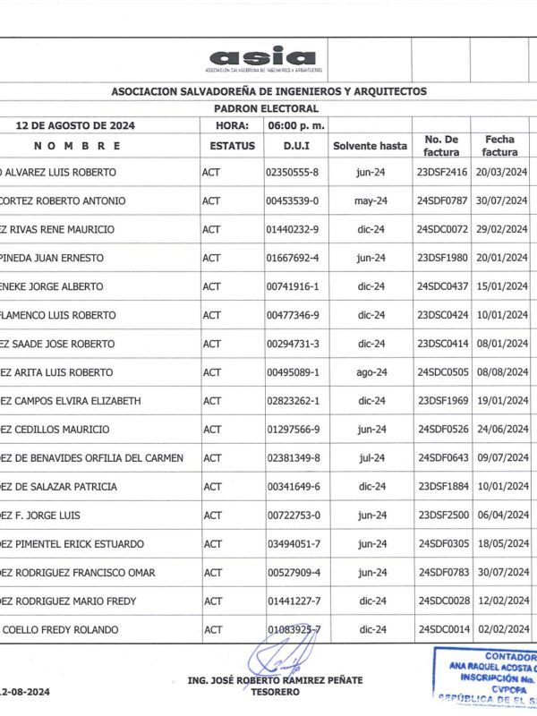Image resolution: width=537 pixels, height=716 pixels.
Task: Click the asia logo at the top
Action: tap(265, 59)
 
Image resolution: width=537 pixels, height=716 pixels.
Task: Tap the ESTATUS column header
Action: tap(232, 145)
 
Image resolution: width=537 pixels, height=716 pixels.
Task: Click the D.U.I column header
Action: tap(296, 145)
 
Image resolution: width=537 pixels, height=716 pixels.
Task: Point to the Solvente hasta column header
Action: tap(370, 145)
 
